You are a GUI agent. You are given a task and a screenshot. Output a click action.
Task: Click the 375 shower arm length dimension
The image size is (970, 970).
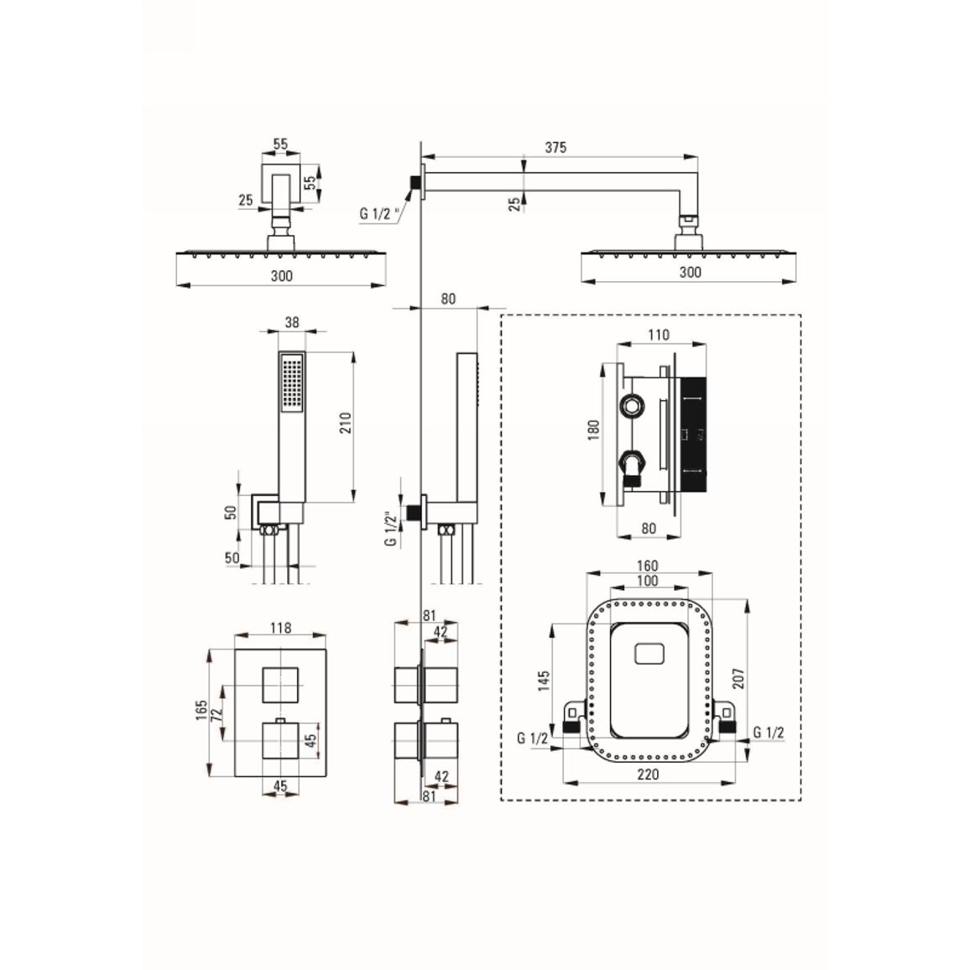555,147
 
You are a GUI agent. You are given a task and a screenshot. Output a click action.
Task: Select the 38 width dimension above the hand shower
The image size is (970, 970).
292,322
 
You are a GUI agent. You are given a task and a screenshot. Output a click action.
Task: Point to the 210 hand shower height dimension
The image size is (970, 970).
345,423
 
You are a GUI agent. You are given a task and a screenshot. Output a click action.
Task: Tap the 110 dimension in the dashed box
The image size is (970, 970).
659,335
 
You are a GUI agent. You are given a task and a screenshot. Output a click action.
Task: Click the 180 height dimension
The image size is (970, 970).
594,430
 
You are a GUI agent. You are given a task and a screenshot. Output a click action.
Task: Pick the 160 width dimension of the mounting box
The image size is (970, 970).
647,566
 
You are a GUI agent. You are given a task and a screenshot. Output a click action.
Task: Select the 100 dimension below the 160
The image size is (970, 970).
647,581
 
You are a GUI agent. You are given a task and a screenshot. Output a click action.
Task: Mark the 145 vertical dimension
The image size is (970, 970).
544,681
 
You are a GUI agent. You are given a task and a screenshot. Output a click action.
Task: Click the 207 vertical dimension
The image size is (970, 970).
738,678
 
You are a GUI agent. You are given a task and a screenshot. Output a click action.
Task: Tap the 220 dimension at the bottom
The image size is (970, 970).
648,774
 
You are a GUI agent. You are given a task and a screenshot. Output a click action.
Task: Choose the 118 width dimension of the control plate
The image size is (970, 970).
280,628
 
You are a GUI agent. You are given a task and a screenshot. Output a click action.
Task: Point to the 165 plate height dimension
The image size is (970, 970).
201,711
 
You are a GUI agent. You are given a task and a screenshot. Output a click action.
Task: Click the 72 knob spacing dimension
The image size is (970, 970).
216,713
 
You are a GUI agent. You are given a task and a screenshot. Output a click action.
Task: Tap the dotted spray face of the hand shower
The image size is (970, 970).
292,383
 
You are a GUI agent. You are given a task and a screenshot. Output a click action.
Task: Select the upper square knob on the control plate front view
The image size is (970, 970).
280,686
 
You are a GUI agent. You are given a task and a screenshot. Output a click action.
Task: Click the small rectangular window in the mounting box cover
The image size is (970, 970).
649,654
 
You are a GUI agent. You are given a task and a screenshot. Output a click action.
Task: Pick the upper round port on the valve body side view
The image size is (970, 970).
631,407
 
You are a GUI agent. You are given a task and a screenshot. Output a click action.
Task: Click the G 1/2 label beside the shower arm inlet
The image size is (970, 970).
379,214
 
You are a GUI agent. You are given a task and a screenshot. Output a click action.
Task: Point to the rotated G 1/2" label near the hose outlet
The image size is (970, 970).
390,529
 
